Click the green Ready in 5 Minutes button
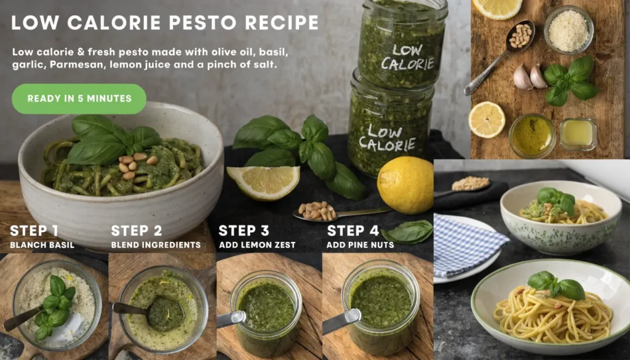tap(79, 98)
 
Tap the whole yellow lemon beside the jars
tap(405, 185)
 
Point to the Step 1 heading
tap(34, 231)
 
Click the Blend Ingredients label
tap(156, 245)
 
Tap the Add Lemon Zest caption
tap(257, 245)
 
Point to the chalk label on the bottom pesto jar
tap(388, 137)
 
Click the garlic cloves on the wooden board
tap(530, 77)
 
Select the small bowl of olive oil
tap(532, 135)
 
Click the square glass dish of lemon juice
tap(578, 134)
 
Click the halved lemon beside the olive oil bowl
tap(487, 119)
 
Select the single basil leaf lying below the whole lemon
tap(408, 232)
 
